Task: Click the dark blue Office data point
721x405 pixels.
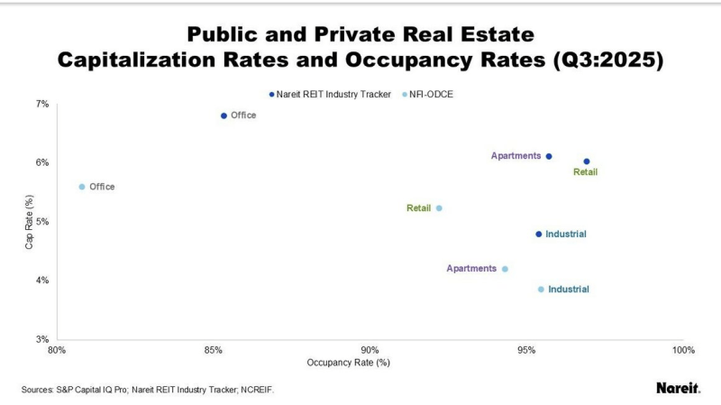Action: [224, 115]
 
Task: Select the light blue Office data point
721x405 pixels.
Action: [82, 187]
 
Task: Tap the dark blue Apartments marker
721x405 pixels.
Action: [549, 156]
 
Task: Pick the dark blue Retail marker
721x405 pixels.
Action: [587, 161]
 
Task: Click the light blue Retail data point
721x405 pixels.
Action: [439, 208]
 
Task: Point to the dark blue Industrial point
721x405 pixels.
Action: [539, 235]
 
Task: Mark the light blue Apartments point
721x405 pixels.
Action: [505, 269]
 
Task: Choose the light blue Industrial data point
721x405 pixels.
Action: [541, 290]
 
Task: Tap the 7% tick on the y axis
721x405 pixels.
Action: [42, 104]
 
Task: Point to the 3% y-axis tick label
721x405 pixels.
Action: [42, 339]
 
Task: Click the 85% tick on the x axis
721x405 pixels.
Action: [214, 350]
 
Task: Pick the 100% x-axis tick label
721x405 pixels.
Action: [683, 350]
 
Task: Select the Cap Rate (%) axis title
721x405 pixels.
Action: [30, 222]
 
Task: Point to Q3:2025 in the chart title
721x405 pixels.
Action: [623, 60]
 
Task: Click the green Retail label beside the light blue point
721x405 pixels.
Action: [419, 208]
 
